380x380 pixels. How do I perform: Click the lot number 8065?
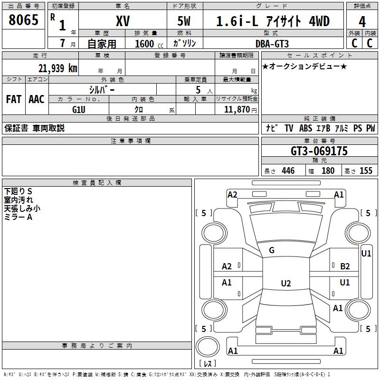click(24, 20)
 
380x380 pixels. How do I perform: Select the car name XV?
click(123, 21)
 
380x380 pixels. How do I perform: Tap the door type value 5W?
click(185, 21)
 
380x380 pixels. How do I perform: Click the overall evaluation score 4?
click(362, 21)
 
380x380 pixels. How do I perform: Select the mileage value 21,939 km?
click(57, 68)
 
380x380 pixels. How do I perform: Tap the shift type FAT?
click(13, 99)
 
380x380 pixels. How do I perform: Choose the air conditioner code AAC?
click(37, 99)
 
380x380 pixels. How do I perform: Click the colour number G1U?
click(78, 109)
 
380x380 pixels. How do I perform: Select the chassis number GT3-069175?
click(319, 152)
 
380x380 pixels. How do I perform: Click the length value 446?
click(288, 171)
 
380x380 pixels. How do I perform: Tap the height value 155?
click(366, 171)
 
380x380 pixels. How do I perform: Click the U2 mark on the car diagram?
click(285, 284)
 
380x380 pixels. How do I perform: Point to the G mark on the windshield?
click(271, 250)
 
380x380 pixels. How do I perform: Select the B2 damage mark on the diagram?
click(345, 266)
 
